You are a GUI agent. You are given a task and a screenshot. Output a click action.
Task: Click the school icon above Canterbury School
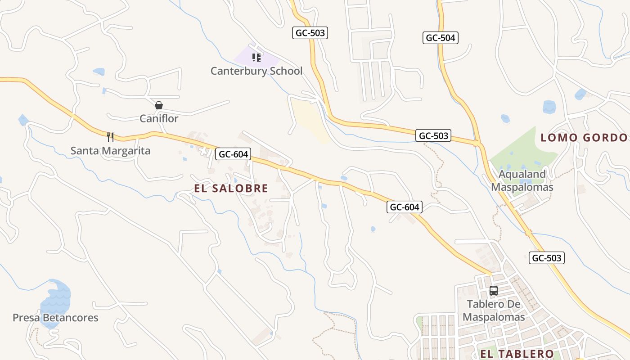256,58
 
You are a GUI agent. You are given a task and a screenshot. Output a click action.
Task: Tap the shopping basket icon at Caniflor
159,105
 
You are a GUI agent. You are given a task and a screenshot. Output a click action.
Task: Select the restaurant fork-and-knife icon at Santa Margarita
110,137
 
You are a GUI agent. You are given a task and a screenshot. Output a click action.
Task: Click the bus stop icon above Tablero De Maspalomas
494,291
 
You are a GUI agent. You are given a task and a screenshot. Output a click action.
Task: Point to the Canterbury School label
256,71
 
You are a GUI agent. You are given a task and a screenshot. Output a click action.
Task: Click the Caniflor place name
159,119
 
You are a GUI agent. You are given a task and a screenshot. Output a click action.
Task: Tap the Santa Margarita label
110,150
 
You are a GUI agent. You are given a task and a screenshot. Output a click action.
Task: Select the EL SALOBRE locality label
231,188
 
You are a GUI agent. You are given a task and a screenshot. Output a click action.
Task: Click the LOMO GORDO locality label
584,138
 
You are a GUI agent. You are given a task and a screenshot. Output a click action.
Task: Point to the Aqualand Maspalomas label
522,180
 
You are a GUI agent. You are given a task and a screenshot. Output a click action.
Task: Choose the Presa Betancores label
55,318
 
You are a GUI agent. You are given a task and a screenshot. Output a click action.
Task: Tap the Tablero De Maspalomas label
494,310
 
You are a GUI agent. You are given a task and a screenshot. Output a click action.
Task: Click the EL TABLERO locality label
517,354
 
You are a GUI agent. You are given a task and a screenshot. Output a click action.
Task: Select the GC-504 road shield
441,38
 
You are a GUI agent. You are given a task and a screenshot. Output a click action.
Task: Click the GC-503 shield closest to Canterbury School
310,33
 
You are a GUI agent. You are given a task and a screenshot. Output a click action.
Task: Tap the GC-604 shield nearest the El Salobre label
233,154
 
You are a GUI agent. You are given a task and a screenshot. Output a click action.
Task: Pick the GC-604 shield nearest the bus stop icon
405,207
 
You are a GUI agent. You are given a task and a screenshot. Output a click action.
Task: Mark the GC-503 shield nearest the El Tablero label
546,258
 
